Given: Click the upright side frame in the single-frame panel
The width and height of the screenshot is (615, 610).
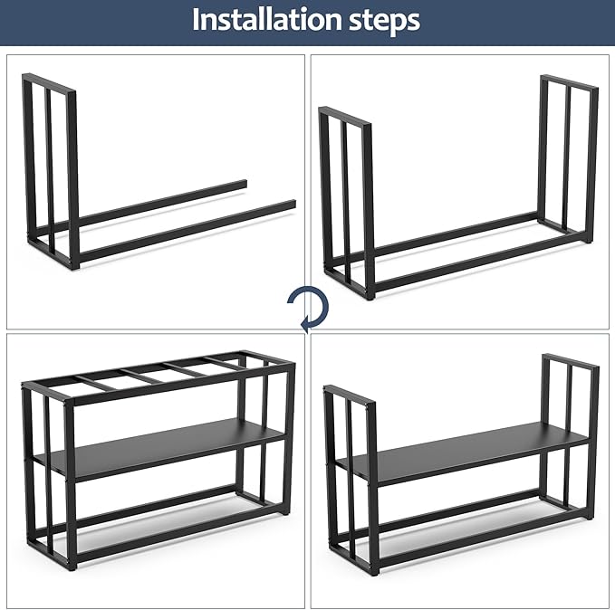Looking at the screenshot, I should click(50, 163).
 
